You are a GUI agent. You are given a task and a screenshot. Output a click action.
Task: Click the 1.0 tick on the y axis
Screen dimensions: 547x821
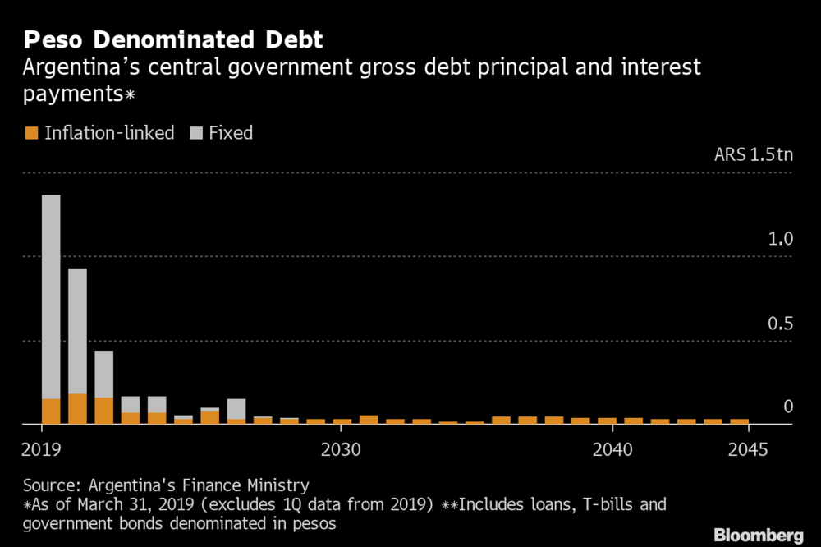(781, 240)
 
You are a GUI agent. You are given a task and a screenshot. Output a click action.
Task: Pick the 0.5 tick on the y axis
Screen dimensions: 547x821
(781, 324)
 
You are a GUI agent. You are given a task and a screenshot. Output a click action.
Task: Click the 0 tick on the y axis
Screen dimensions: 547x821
(788, 407)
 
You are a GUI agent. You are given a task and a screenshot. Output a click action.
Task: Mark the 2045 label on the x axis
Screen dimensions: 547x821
(747, 450)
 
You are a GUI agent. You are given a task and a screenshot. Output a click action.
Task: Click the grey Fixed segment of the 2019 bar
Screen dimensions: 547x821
(51, 296)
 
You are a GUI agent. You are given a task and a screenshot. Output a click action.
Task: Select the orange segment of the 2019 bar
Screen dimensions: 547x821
(51, 411)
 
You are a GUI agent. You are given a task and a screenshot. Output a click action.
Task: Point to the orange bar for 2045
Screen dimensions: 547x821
(740, 421)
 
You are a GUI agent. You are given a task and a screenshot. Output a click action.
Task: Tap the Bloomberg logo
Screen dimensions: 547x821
(758, 535)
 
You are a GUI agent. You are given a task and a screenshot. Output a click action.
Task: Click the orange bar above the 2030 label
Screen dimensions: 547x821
(342, 421)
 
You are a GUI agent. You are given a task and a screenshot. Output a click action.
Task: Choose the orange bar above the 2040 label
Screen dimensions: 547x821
(607, 421)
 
